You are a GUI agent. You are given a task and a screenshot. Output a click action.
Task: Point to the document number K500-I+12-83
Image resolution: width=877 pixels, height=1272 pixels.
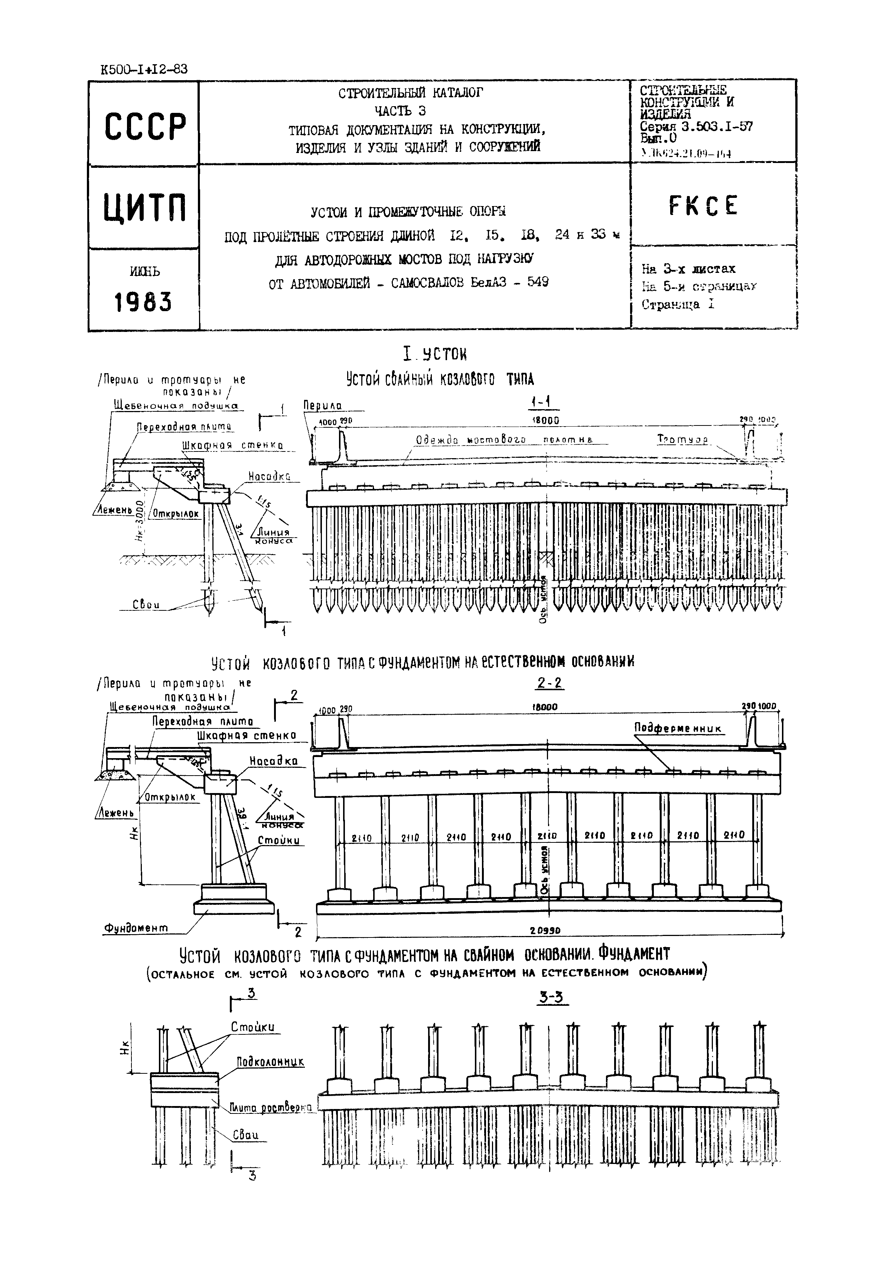pos(144,69)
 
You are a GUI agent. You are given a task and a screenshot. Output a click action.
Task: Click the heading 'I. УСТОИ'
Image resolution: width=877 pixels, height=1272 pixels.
pos(435,354)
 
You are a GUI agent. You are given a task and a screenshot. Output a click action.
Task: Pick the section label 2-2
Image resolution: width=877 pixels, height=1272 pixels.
pos(550,683)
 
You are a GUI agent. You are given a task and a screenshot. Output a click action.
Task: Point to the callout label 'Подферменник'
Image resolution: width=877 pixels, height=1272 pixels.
pos(678,728)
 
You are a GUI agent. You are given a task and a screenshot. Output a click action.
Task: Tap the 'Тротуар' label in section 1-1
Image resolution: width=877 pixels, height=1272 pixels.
pos(682,440)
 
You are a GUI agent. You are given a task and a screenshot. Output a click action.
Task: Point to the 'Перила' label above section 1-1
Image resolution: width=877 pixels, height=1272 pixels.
pos(323,405)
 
